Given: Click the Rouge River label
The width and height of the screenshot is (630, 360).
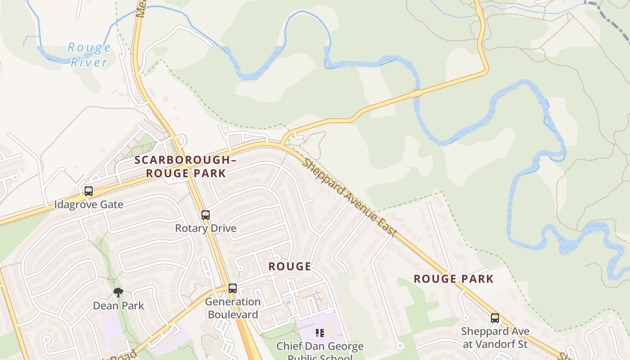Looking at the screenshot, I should pos(89,54).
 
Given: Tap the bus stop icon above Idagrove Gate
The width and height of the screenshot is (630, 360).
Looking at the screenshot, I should pos(89,191).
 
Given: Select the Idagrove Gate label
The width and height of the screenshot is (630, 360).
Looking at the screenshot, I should pos(89,205).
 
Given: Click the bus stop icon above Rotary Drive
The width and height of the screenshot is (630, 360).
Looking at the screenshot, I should pos(206,215).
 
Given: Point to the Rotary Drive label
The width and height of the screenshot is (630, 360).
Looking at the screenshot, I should pos(206,228).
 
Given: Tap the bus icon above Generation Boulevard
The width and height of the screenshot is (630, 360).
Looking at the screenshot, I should pos(233,288).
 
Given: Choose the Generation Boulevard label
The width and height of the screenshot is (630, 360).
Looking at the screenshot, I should pos(233,308).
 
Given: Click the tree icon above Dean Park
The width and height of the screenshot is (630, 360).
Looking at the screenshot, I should pos(118,293).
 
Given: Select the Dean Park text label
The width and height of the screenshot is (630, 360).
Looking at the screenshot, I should pos(118,306).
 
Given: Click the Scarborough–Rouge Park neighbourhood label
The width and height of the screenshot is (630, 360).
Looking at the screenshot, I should pos(185,166).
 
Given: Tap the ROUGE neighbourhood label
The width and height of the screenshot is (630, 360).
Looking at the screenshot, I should pos(290,266).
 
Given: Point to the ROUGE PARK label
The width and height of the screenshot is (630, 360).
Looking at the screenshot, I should pos(454,279).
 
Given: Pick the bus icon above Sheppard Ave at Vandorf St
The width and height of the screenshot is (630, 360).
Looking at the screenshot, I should pos(495,318).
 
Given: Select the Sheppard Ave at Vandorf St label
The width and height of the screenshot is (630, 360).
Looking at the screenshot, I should pos(495,338).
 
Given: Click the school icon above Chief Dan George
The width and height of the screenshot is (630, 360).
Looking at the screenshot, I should pos(320,333).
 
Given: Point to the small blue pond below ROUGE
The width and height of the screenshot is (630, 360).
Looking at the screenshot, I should pos(288,303).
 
